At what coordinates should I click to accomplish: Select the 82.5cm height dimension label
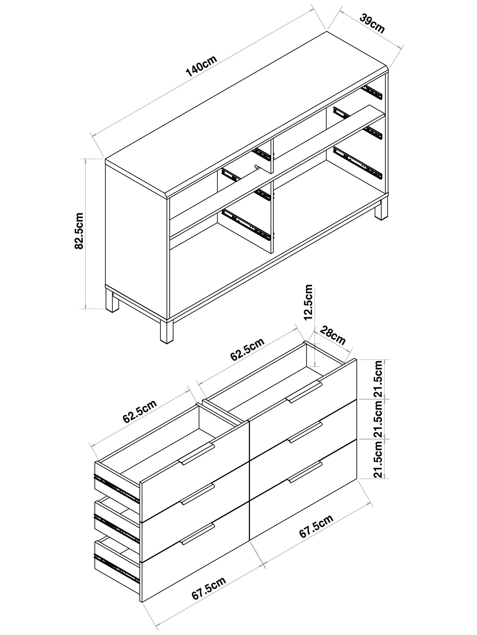coord(79,231)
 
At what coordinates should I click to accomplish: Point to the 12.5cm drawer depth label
coord(308,302)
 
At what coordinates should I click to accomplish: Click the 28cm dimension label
coord(332,335)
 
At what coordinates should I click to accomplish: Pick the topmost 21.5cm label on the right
coord(378,379)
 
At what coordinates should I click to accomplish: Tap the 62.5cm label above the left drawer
coord(140,411)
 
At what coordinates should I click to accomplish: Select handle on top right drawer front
coord(304,392)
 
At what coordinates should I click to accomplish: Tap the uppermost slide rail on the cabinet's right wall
coord(373,92)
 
